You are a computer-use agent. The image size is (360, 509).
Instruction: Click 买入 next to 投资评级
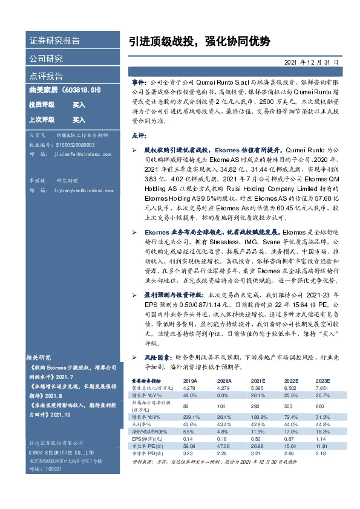click(79, 105)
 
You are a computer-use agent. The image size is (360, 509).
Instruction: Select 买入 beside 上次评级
click(79, 120)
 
